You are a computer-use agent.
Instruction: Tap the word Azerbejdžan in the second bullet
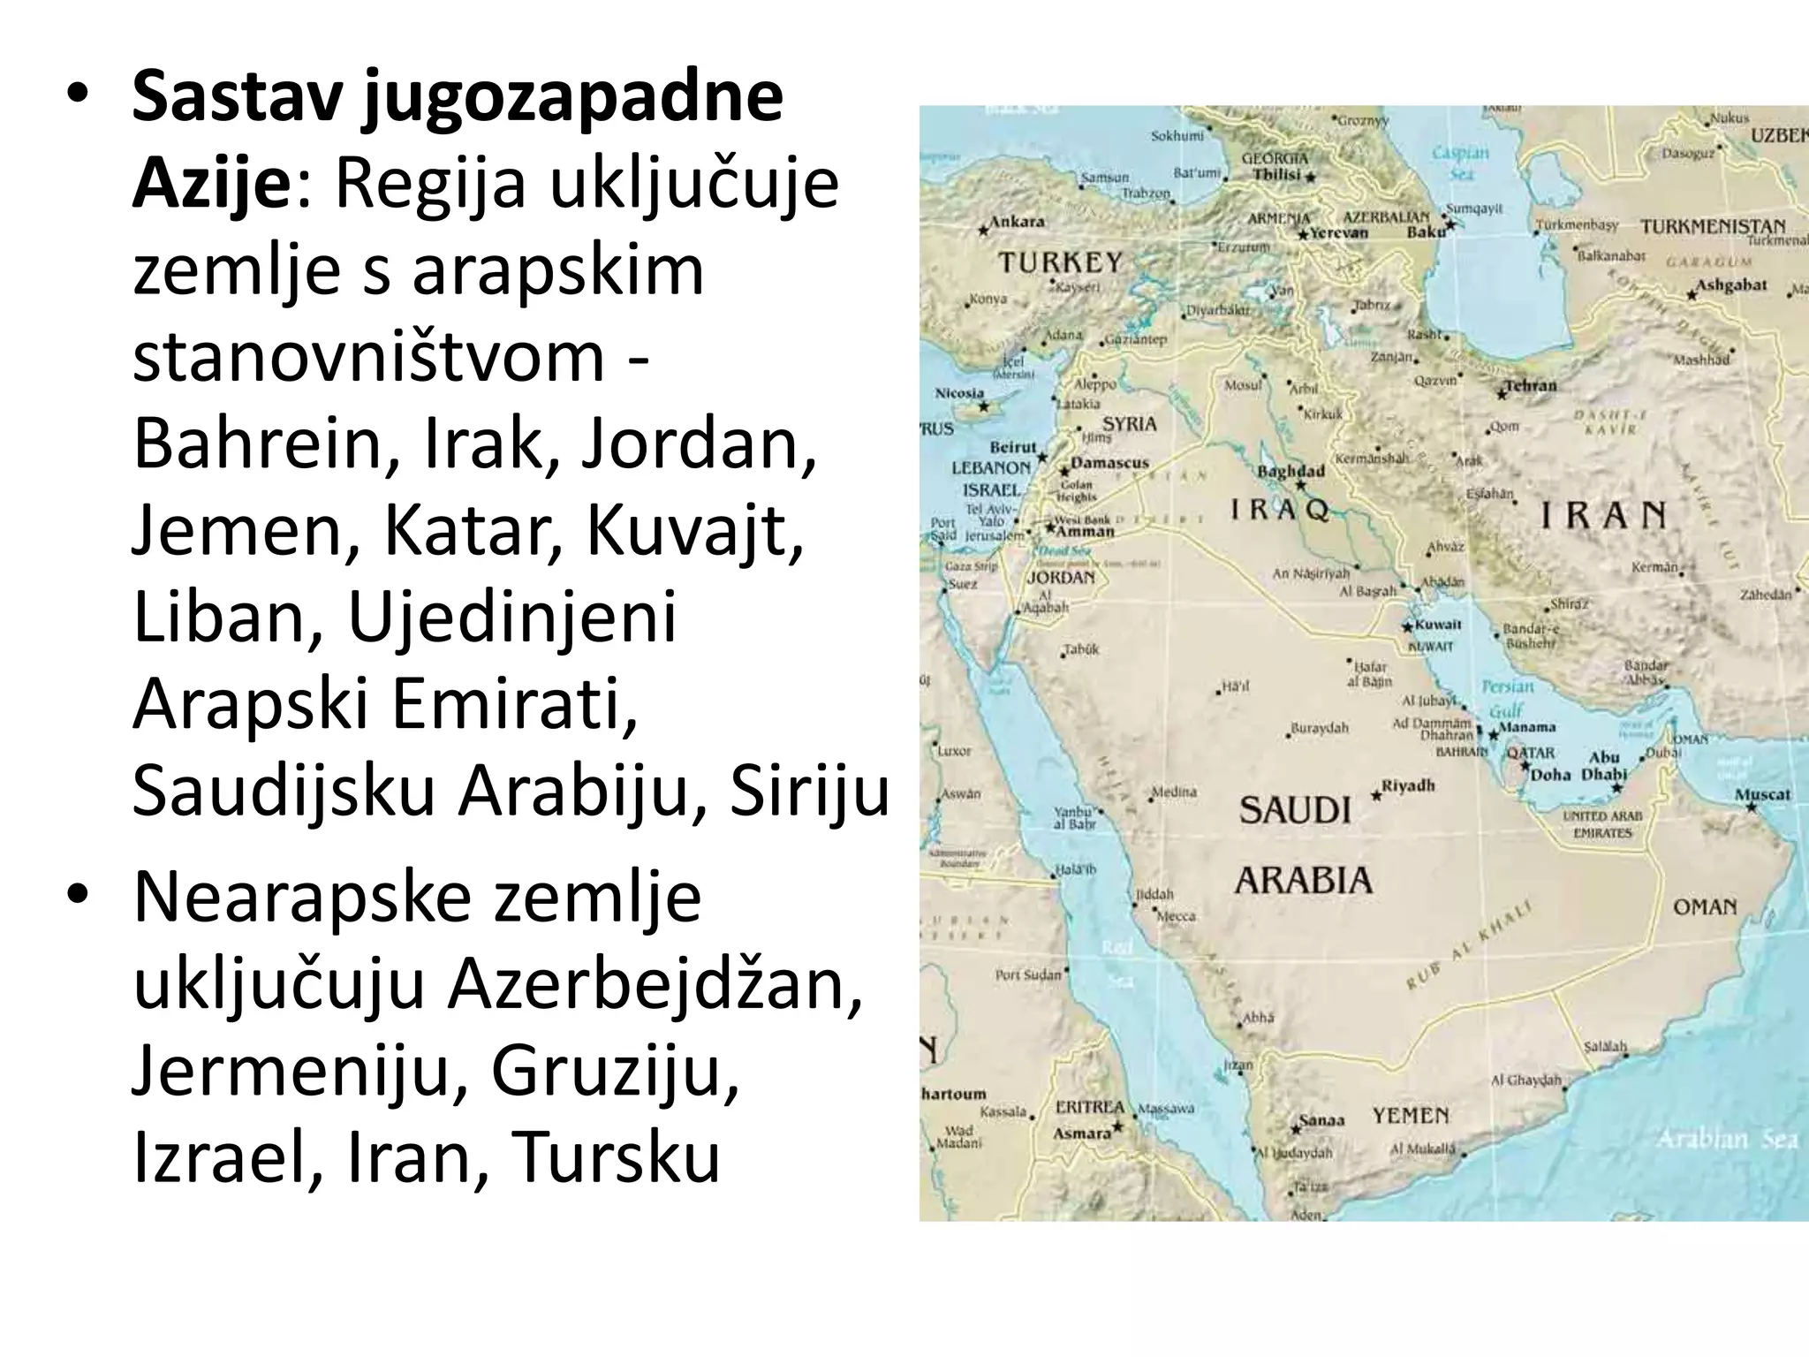coord(654,986)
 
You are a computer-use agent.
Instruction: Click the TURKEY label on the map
coord(1060,262)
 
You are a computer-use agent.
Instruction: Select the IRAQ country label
coord(1280,510)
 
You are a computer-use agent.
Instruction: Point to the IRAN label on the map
coord(1603,515)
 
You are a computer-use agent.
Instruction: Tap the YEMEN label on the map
coord(1410,1116)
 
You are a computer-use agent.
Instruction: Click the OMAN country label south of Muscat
coord(1704,906)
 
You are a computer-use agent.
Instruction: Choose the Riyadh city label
coord(1408,785)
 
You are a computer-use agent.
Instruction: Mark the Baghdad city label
coord(1291,471)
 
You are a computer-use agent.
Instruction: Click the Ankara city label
coord(1017,221)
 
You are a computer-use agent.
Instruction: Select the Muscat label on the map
coord(1762,794)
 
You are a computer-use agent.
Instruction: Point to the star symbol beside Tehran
coord(1502,394)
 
